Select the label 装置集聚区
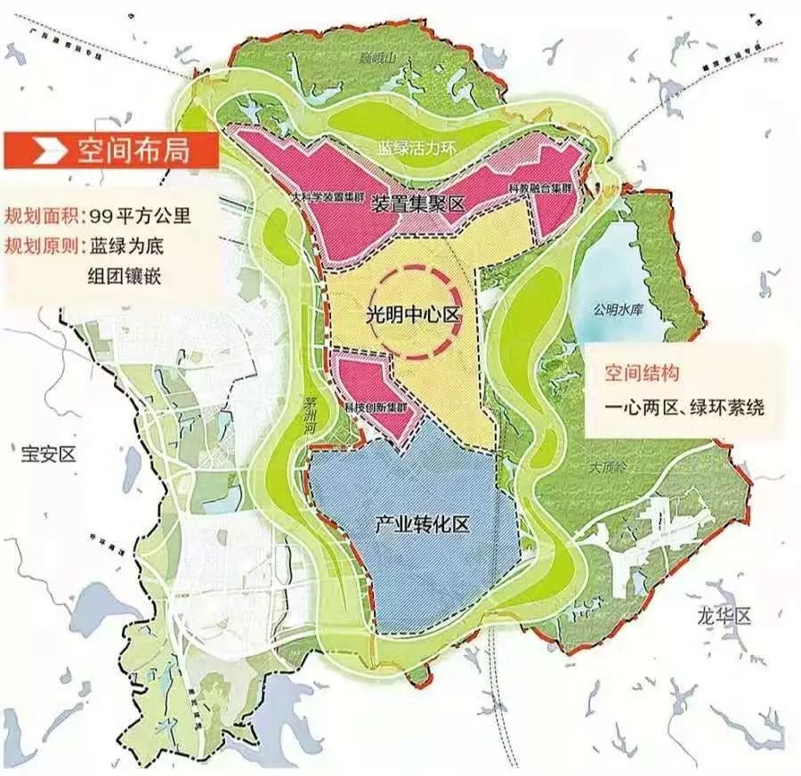click(x=418, y=204)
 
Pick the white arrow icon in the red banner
click(x=41, y=150)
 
